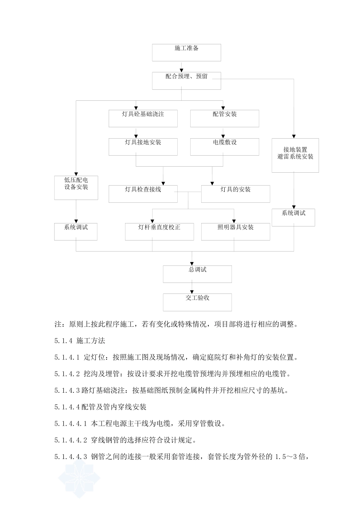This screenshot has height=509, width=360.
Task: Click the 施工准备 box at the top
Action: [186, 52]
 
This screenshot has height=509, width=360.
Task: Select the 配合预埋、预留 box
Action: [186, 81]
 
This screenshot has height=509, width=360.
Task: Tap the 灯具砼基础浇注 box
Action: [143, 118]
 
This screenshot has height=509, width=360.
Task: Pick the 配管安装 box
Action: [224, 118]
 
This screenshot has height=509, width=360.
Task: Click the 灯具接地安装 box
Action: [143, 147]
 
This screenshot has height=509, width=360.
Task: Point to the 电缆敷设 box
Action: [224, 147]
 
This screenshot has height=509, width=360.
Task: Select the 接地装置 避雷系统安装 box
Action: [295, 155]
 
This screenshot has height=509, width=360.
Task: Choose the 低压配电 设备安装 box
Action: [76, 187]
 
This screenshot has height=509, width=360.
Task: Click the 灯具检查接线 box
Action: [143, 194]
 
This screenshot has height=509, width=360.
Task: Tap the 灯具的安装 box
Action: [235, 194]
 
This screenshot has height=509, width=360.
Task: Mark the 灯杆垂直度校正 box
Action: [159, 231]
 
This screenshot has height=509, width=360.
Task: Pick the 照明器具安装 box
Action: [235, 231]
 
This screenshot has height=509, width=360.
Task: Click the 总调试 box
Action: [197, 274]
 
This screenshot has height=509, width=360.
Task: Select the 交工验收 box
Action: [197, 302]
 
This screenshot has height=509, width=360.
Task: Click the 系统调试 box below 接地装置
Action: [293, 217]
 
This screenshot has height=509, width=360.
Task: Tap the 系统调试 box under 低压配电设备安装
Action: [76, 231]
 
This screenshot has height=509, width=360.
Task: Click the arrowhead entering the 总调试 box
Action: [192, 264]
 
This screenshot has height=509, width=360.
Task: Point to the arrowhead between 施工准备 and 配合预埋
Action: [182, 70]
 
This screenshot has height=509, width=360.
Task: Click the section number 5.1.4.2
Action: [67, 374]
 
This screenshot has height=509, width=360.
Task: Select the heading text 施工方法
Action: [91, 341]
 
